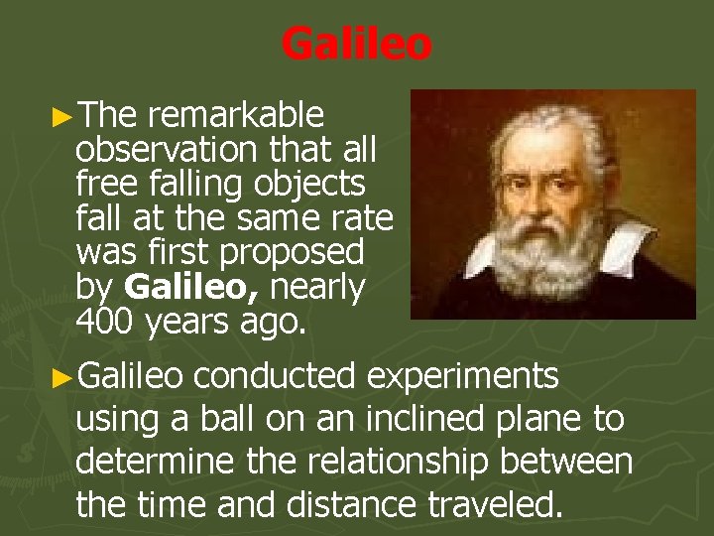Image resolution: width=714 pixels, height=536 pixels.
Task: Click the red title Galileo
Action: [x=356, y=44]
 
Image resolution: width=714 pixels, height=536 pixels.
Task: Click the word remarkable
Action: [x=236, y=117]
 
